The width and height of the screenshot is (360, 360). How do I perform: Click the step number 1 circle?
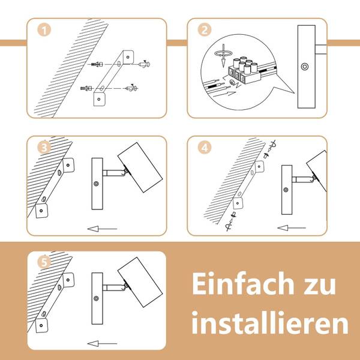[x=44, y=30]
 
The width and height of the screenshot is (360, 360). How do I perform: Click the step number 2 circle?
[x=205, y=30]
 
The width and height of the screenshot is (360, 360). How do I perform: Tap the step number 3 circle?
[x=44, y=148]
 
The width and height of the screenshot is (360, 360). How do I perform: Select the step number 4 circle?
[x=205, y=148]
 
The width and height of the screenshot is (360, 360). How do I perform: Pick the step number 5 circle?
[x=44, y=262]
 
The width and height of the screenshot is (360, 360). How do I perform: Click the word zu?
[x=320, y=286]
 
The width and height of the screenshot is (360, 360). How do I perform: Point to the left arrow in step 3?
[x=102, y=229]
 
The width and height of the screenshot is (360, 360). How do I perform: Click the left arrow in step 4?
[x=292, y=228]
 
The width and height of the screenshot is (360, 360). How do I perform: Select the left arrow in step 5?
[x=102, y=343]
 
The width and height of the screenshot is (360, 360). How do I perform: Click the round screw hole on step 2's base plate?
[x=304, y=67]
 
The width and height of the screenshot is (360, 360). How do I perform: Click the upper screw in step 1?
[x=144, y=64]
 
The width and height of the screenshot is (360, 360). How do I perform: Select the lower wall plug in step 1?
[x=86, y=88]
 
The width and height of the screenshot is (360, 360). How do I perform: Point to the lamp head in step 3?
[x=140, y=167]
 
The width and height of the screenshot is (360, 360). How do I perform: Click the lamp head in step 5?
[x=140, y=282]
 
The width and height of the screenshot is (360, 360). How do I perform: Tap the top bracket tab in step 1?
[x=128, y=57]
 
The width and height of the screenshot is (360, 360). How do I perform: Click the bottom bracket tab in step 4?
[x=238, y=203]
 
